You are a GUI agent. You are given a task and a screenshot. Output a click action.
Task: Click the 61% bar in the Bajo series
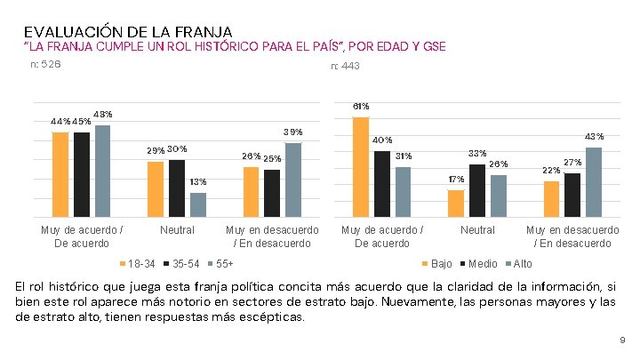361,166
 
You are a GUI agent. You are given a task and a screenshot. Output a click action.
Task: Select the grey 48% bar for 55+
102,171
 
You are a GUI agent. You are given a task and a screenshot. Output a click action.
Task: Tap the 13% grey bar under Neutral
197,204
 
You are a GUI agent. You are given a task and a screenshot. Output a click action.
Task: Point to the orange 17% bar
456,203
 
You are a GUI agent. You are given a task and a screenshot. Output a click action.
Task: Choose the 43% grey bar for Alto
594,181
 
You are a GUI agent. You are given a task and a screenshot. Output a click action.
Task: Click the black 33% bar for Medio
477,190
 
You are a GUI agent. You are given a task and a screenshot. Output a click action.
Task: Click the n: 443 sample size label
345,66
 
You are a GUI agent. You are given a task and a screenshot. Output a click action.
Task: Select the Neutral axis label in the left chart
177,230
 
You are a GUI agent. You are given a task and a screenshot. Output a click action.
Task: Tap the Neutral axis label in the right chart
477,230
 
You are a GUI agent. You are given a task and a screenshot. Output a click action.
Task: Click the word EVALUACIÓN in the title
70,31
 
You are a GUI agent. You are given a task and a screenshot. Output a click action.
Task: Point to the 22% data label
551,170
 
